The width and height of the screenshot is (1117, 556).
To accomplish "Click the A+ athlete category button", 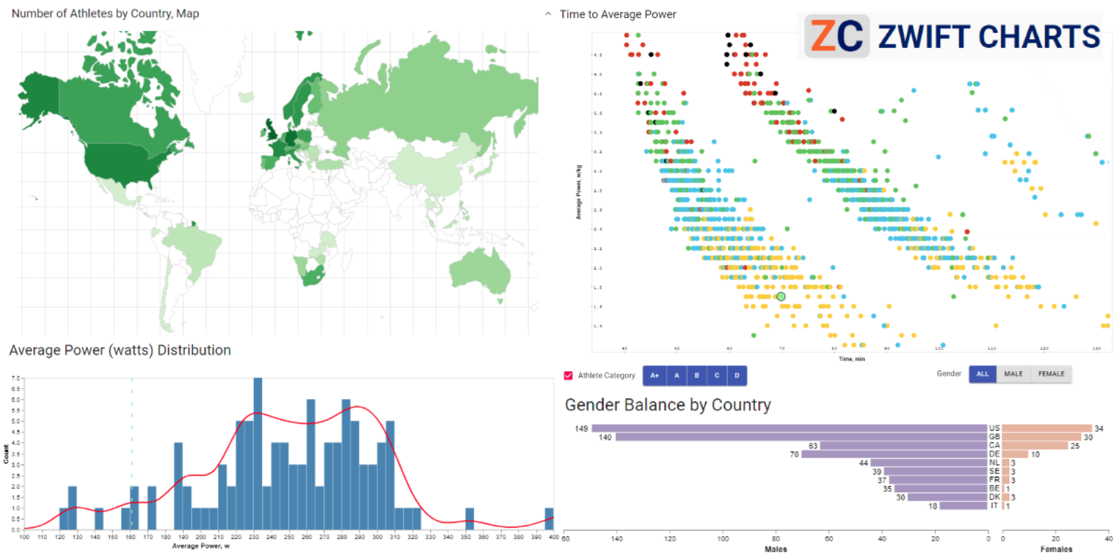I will click(x=654, y=375).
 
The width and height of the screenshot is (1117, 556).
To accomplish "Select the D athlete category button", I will click(x=737, y=375).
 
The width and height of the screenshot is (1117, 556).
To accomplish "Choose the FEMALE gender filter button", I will click(x=1051, y=374).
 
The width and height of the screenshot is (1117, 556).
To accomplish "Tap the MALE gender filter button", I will click(x=1013, y=374).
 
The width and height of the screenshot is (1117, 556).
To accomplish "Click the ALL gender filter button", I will click(x=982, y=374).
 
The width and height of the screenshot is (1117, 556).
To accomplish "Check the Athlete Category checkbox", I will click(x=568, y=375).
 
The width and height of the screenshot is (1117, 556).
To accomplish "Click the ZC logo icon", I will click(x=837, y=36).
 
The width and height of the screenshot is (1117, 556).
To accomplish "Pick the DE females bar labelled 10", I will click(x=1015, y=454).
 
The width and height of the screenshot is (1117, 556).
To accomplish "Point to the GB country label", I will click(x=994, y=437).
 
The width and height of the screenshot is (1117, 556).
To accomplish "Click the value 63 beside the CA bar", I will click(x=813, y=446).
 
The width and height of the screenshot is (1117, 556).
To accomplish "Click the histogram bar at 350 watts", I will click(x=469, y=519).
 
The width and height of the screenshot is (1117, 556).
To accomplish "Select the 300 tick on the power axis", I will click(x=377, y=537).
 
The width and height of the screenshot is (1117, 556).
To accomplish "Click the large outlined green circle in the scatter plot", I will click(x=781, y=297).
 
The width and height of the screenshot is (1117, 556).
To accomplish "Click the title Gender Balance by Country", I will click(x=668, y=405).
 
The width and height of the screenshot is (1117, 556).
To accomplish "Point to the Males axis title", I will click(x=775, y=549).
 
